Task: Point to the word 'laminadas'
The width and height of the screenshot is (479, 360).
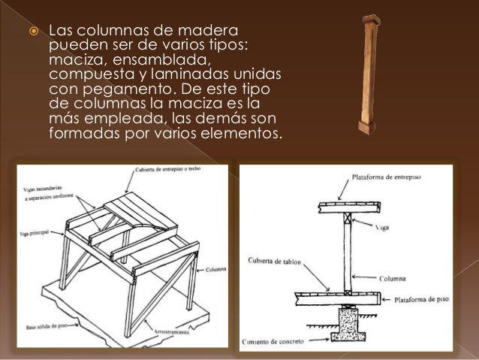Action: point(197,76)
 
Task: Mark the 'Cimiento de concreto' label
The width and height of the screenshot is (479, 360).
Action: point(275,341)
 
